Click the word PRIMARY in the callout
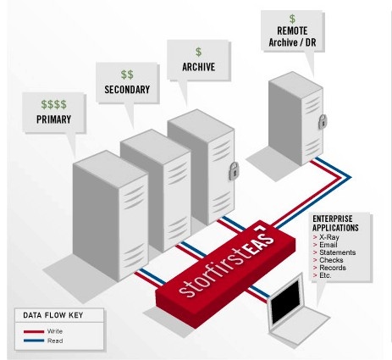pyautogui.click(x=53, y=119)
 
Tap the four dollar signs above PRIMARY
pyautogui.click(x=54, y=104)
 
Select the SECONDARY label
pyautogui.click(x=127, y=90)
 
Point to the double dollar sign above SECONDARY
pyautogui.click(x=127, y=75)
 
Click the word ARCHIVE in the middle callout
pyautogui.click(x=199, y=67)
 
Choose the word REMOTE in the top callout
pyautogui.click(x=292, y=30)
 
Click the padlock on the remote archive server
pyautogui.click(x=323, y=122)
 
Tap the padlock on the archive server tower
pyautogui.click(x=233, y=170)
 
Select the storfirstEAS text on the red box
pyautogui.click(x=227, y=261)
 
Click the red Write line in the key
pyautogui.click(x=34, y=331)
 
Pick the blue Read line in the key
pyautogui.click(x=34, y=341)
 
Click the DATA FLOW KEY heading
pyautogui.click(x=53, y=315)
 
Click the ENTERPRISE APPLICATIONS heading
pyautogui.click(x=335, y=224)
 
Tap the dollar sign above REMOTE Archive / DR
pyautogui.click(x=292, y=19)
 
